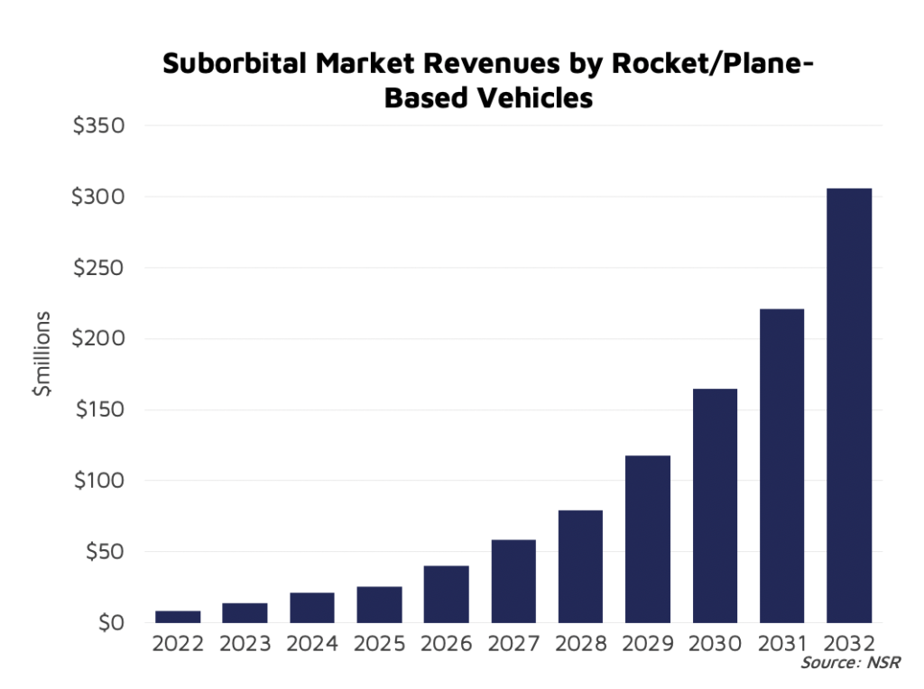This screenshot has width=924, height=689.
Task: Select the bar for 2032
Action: (x=849, y=405)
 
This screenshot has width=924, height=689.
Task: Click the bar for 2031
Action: (x=781, y=465)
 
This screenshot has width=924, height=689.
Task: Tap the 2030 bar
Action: (x=715, y=505)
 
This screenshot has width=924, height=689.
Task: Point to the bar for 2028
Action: (x=580, y=566)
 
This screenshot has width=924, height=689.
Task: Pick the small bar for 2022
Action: (x=178, y=617)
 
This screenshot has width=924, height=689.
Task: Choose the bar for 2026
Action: (x=446, y=594)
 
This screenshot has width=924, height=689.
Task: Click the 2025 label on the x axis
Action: (x=379, y=646)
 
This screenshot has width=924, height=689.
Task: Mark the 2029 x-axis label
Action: (x=647, y=646)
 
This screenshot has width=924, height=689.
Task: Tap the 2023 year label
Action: (x=245, y=646)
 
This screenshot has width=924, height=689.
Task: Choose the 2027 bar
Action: (x=513, y=581)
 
